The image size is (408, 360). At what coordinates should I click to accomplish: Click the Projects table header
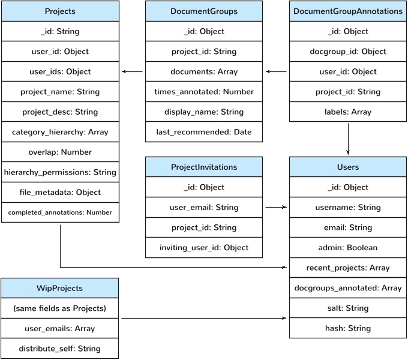60,11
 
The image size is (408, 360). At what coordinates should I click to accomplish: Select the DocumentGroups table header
204,11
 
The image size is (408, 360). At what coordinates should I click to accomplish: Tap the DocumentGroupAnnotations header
348,11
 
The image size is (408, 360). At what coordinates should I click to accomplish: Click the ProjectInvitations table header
204,167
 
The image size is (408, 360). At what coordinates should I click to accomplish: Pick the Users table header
348,167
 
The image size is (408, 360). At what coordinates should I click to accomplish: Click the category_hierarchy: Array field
60,132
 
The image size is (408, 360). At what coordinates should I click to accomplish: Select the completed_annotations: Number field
60,212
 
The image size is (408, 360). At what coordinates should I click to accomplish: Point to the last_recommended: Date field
204,132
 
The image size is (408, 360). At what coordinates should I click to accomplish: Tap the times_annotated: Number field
204,92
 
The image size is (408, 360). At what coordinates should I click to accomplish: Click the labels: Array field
348,112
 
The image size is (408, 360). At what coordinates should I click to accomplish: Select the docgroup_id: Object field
348,52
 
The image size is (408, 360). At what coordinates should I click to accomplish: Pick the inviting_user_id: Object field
204,247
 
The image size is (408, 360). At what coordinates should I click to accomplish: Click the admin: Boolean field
348,247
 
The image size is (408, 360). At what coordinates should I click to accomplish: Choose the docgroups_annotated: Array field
348,288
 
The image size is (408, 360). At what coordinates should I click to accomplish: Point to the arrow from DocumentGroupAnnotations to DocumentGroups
276,72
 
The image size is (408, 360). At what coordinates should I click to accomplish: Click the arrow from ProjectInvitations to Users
276,207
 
